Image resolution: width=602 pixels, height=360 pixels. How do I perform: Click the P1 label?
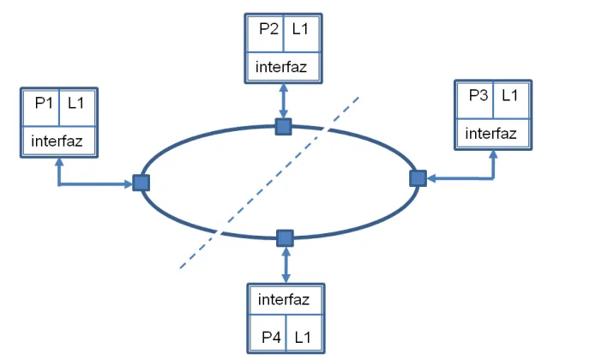point(44,103)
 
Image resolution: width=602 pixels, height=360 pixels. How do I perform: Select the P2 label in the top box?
point(268,29)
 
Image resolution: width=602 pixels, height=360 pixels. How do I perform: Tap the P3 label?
point(478,95)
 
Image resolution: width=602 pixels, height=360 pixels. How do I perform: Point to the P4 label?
point(271,338)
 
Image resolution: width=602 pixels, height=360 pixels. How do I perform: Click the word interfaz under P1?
point(57,141)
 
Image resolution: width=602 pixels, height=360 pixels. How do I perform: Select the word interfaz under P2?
point(281,67)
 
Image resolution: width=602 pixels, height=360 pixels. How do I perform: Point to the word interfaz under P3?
point(491,134)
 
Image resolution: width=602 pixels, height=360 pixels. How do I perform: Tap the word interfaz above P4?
point(284,299)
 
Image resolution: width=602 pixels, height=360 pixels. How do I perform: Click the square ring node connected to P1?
point(141,183)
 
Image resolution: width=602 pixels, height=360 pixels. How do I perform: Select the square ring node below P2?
point(283,127)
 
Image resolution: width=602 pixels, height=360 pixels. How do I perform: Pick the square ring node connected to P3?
point(418,178)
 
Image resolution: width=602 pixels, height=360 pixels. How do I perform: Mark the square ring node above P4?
point(285,238)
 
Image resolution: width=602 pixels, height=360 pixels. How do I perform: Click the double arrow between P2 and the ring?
point(283,101)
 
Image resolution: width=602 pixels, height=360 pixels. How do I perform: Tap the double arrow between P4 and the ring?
point(286,265)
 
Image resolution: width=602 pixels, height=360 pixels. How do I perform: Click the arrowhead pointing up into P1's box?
point(58,162)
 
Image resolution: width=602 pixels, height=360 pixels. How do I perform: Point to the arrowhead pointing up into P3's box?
point(493,154)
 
